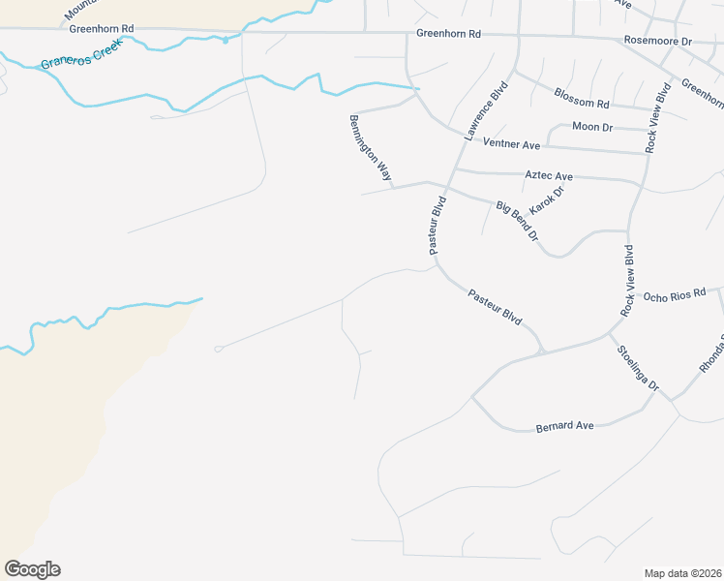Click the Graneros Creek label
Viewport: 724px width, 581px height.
[80, 56]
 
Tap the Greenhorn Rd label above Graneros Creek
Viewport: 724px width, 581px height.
[101, 29]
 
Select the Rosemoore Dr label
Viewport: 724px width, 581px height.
[659, 42]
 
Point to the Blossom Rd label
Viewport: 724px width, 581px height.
[582, 97]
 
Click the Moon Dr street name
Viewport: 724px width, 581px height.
[592, 127]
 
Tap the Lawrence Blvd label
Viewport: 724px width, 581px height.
[486, 111]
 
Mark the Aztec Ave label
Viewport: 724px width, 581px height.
[549, 176]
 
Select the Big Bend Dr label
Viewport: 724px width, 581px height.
[517, 221]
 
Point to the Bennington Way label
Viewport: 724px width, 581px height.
[371, 148]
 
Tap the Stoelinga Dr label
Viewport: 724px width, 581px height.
[638, 368]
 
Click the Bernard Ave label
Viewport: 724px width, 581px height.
[564, 425]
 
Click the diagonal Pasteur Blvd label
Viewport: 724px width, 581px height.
[495, 307]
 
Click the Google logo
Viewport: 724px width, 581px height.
[32, 569]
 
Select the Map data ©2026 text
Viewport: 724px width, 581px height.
[682, 573]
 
